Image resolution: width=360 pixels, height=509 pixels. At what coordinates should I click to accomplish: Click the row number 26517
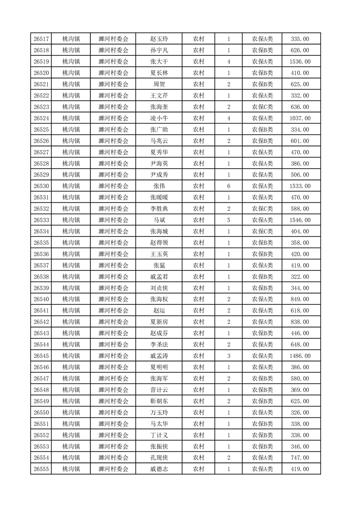[x=41, y=39]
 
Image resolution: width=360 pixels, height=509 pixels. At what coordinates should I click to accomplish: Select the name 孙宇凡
[x=159, y=50]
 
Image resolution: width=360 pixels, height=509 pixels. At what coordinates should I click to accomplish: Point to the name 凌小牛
[x=159, y=118]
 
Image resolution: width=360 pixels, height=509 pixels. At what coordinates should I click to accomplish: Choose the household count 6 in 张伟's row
[x=228, y=186]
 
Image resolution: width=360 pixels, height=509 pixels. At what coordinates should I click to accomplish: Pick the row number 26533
[x=41, y=220]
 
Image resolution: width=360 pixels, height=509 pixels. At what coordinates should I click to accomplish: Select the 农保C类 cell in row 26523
[x=262, y=107]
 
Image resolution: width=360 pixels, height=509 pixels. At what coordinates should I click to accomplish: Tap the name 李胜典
[x=159, y=209]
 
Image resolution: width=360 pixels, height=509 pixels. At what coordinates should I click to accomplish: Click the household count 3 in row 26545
[x=228, y=356]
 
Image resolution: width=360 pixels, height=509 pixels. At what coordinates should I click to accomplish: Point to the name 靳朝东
[x=159, y=401]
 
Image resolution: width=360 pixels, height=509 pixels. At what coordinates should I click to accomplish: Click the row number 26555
[x=41, y=469]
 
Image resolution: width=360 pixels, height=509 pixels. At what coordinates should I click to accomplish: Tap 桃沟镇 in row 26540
[x=71, y=299]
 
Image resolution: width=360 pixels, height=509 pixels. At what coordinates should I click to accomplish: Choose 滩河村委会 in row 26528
[x=113, y=164]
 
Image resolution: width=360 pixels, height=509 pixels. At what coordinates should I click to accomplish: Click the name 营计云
[x=159, y=390]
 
